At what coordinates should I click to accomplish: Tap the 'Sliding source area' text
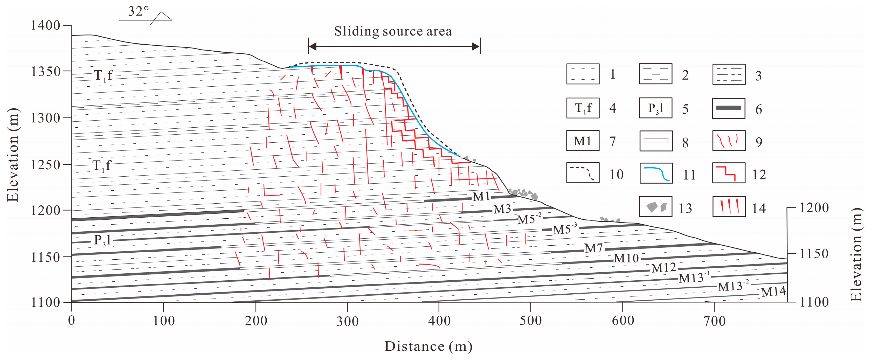click(393, 31)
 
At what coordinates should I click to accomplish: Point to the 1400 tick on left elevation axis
click(46, 26)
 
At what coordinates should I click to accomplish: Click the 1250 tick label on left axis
click(46, 165)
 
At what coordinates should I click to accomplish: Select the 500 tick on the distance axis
click(530, 321)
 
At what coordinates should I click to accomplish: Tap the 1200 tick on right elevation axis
click(814, 207)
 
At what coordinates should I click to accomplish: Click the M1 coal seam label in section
click(481, 196)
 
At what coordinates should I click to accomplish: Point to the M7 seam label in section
click(594, 248)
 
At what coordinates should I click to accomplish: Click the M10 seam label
click(626, 258)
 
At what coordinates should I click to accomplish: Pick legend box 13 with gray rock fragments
click(656, 207)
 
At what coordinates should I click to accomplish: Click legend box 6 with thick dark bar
click(729, 108)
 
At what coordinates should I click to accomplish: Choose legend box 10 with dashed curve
click(583, 173)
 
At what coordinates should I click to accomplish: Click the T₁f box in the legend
click(583, 108)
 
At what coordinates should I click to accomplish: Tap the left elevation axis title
click(13, 155)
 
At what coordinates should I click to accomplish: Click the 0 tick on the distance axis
click(72, 321)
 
